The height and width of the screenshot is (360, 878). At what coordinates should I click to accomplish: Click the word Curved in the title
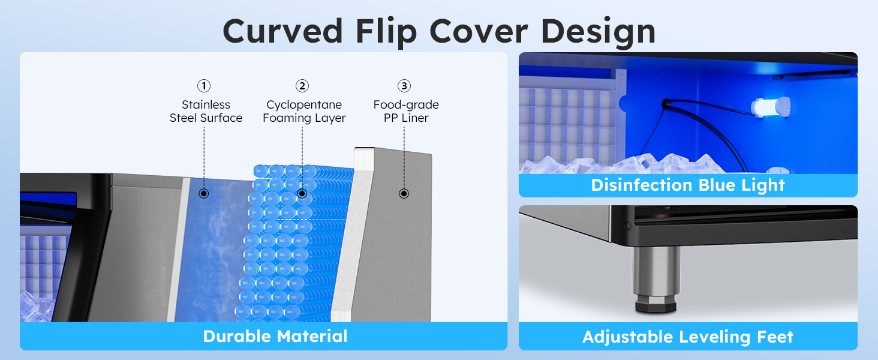point(283,31)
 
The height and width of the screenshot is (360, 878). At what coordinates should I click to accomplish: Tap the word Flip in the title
point(386,33)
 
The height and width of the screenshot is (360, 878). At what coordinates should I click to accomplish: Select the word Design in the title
point(598,33)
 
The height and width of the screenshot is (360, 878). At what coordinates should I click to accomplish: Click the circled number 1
point(204,85)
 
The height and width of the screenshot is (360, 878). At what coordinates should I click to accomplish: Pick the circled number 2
point(302,85)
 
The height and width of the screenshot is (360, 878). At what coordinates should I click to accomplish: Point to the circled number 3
point(404,85)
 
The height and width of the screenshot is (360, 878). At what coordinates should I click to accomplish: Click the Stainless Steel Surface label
point(206,112)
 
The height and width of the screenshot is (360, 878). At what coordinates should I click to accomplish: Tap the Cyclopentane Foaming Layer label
point(304,112)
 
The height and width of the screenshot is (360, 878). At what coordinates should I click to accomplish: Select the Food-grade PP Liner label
point(406,112)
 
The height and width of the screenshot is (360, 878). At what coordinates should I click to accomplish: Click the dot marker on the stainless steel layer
point(204,193)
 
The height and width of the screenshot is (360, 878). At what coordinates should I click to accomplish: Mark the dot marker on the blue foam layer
point(302,193)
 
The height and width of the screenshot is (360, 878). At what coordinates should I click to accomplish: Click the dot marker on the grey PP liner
point(404,193)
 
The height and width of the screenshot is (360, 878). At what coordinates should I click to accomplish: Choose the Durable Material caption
point(275,337)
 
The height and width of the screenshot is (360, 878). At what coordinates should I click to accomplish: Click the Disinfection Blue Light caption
point(688,185)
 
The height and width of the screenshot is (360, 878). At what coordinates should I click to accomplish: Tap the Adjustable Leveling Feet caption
point(688,337)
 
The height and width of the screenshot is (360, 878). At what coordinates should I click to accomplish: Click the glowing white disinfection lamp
point(770,107)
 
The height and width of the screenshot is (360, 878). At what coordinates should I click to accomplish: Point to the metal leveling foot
point(656,279)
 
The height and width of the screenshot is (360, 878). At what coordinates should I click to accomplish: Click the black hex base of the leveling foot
point(656,304)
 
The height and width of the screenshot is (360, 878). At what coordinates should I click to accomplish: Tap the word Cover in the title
point(479,31)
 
